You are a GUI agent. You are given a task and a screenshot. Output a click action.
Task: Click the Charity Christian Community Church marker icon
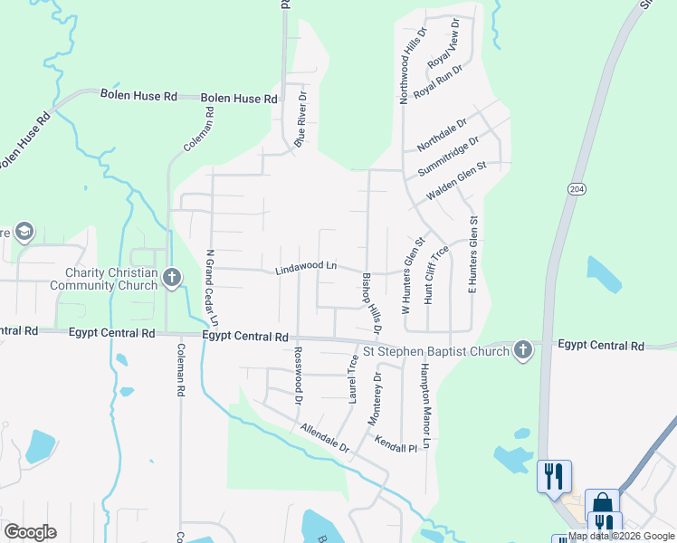pyautogui.click(x=172, y=279)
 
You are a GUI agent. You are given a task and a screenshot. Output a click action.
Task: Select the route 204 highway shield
pyautogui.click(x=577, y=188)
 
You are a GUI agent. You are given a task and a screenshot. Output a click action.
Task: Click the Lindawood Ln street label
pyautogui.click(x=306, y=268)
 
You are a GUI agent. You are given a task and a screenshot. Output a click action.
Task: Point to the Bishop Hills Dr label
pyautogui.click(x=372, y=301)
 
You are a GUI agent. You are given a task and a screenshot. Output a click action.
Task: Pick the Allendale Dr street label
pyautogui.click(x=325, y=437)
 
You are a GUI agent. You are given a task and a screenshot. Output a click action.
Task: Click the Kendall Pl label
pyautogui.click(x=398, y=443)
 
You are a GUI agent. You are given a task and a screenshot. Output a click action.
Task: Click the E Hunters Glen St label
pyautogui.click(x=472, y=254)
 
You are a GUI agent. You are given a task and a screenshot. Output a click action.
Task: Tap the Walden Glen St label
pyautogui.click(x=457, y=181)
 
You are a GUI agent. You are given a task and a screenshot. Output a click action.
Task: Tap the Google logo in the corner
pyautogui.click(x=30, y=532)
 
